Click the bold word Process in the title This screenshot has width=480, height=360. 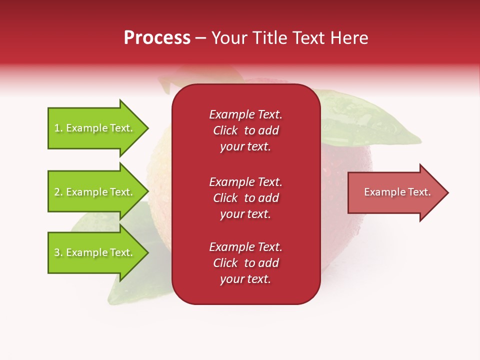point(157,38)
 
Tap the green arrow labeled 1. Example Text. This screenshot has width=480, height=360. point(95,128)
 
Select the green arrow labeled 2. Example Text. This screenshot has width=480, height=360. point(95,192)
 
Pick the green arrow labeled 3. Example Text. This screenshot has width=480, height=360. point(95,252)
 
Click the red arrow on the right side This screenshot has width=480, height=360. point(395,192)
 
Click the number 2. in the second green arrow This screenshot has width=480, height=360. point(58,192)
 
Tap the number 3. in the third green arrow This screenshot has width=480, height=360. point(58,252)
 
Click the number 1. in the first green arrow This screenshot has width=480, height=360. point(58,128)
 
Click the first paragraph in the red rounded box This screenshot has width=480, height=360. point(245,130)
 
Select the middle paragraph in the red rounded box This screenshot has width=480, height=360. point(245,198)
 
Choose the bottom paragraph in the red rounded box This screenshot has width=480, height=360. point(245,263)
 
